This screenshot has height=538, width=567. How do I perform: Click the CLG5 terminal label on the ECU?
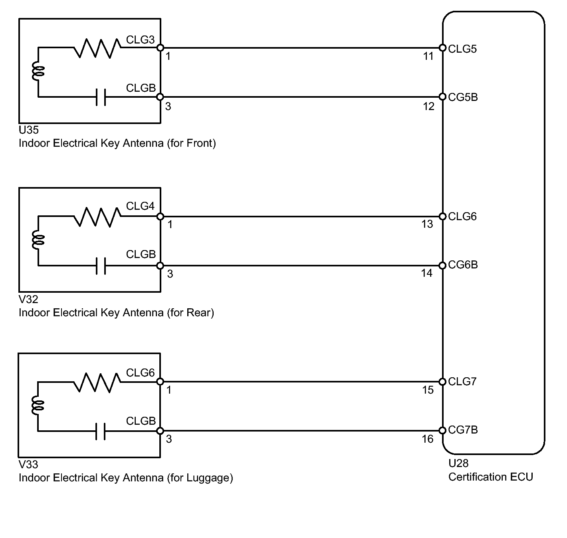click(462, 49)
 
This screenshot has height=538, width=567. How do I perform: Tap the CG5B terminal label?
click(463, 97)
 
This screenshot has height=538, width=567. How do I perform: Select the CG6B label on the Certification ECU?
click(463, 265)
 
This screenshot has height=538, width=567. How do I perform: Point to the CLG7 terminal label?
click(462, 382)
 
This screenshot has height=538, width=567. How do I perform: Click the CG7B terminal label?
click(463, 430)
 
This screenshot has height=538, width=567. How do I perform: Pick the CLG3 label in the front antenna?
click(140, 40)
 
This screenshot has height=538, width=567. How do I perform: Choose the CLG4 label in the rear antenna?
click(140, 206)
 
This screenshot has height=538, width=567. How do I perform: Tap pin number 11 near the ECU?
click(428, 56)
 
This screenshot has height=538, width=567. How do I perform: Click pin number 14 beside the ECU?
click(427, 273)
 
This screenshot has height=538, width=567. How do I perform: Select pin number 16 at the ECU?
click(428, 439)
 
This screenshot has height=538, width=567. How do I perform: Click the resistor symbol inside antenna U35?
click(97, 48)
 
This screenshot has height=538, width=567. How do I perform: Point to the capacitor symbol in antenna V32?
click(101, 266)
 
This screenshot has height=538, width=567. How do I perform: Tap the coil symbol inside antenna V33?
click(38, 406)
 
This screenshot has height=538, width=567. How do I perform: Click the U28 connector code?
click(458, 463)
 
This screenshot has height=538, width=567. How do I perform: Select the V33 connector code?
click(28, 465)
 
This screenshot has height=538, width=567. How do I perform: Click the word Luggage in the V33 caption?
click(208, 478)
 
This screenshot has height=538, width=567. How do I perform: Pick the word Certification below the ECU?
click(477, 477)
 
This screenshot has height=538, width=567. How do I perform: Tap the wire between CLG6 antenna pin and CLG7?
click(301, 382)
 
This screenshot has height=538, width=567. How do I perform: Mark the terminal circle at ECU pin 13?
click(442, 216)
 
